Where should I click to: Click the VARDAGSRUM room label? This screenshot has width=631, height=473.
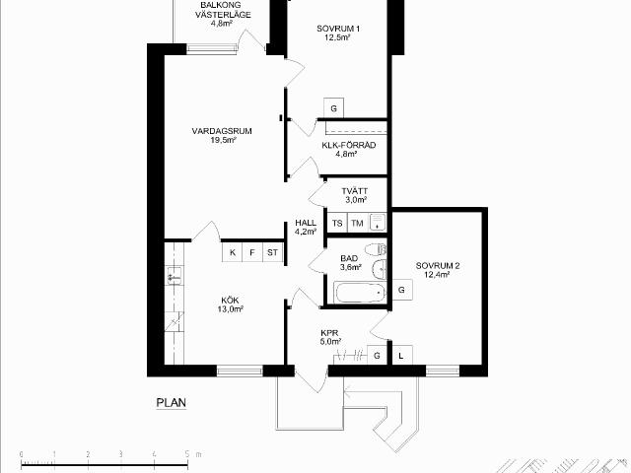click(222, 131)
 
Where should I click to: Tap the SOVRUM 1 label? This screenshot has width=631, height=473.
click(338, 29)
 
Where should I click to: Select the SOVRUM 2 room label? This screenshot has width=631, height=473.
click(438, 266)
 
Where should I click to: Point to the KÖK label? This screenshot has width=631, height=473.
click(230, 301)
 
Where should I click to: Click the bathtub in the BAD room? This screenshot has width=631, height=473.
click(360, 293)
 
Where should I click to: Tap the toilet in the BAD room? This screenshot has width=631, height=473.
click(377, 249)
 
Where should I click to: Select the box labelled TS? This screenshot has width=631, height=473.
click(337, 223)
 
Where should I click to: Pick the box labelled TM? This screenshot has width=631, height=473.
click(357, 223)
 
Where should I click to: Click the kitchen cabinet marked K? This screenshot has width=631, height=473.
click(233, 252)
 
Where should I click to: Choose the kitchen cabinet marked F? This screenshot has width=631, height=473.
click(252, 252)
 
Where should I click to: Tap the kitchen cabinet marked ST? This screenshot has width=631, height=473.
click(272, 252)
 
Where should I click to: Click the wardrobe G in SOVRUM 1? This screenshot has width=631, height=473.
click(333, 108)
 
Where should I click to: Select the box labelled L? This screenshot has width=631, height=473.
click(401, 356)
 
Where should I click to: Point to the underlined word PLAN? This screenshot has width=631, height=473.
click(171, 403)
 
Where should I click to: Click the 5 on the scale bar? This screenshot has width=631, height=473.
click(187, 454)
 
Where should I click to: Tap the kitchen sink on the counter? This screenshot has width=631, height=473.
click(175, 276)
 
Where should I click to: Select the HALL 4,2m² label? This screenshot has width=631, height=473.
click(306, 227)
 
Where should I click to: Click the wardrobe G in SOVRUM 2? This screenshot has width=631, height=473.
click(401, 290)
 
